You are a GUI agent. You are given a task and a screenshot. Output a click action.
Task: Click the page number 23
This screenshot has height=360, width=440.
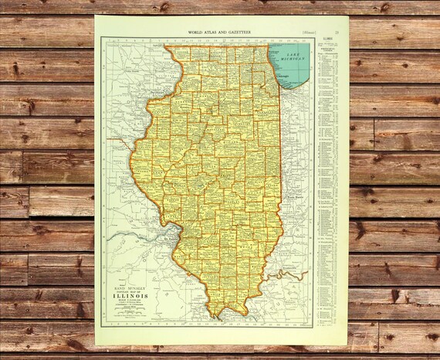(347, 32)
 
